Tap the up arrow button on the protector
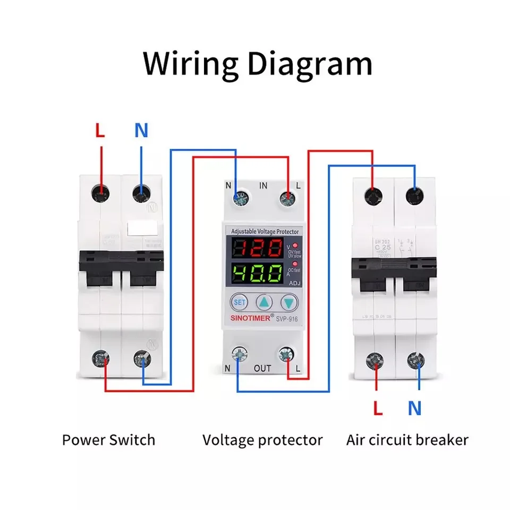[x=264, y=303]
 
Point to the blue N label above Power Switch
[x=141, y=130]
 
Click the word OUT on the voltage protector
[x=262, y=368]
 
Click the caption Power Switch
[x=108, y=440]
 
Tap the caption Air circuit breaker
[x=407, y=440]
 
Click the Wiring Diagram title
[x=258, y=64]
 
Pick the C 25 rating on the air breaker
[x=378, y=246]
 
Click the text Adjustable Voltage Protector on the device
[x=265, y=231]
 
